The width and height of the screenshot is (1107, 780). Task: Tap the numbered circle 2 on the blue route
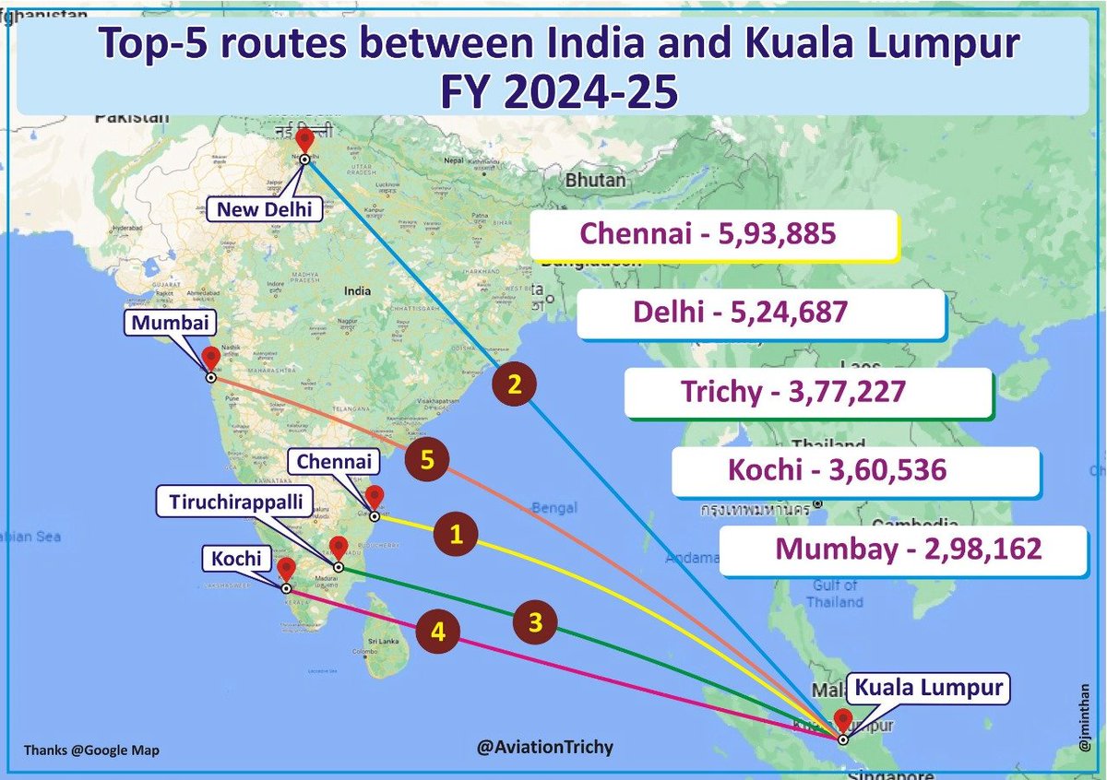pyautogui.click(x=515, y=385)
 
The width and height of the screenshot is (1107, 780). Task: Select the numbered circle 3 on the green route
pyautogui.click(x=536, y=621)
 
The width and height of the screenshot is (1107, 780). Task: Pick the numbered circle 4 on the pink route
pyautogui.click(x=438, y=632)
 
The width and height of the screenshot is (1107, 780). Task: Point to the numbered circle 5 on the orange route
pyautogui.click(x=426, y=460)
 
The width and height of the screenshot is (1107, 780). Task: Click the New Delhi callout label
pyautogui.click(x=264, y=209)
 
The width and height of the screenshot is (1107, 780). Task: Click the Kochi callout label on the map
pyautogui.click(x=235, y=557)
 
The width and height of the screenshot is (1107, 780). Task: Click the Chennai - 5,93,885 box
pyautogui.click(x=714, y=234)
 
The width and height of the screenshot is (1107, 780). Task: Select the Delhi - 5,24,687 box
pyautogui.click(x=762, y=313)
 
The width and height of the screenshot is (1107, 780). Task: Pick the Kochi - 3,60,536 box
pyautogui.click(x=855, y=471)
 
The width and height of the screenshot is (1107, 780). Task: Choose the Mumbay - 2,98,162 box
pyautogui.click(x=909, y=550)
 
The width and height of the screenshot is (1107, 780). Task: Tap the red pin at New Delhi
pyautogui.click(x=304, y=141)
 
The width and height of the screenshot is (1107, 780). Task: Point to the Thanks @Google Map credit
pyautogui.click(x=91, y=750)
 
